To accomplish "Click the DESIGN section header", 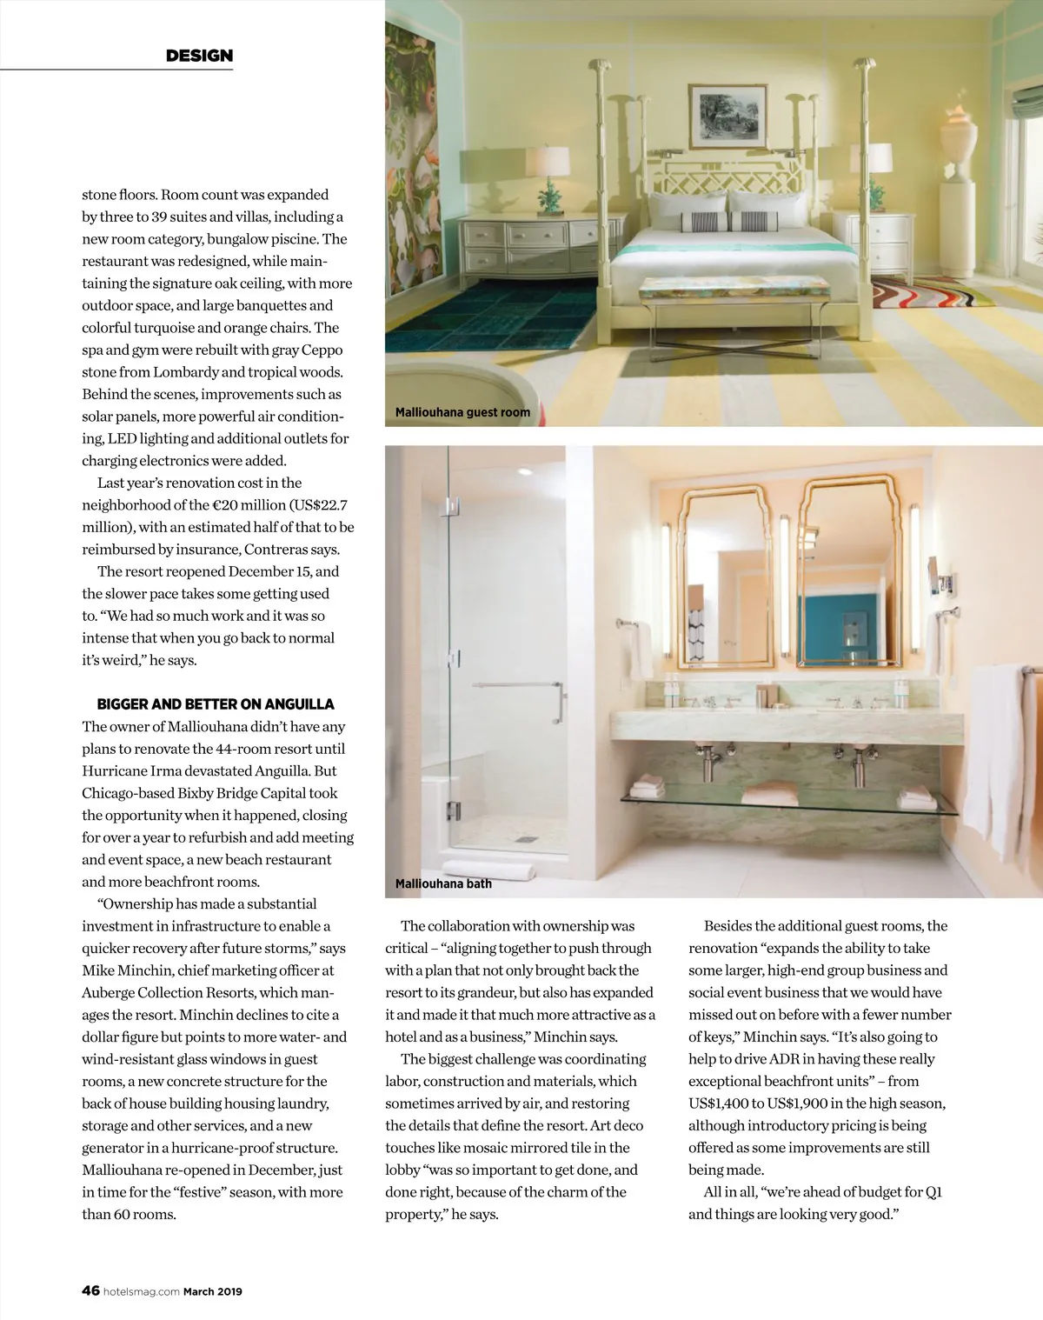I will pos(199,56).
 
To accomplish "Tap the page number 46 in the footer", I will pos(90,1290).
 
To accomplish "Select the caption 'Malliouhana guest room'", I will pos(462,412).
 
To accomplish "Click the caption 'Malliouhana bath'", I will pos(443,883).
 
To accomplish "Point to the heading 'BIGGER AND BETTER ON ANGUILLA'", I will pos(216,704).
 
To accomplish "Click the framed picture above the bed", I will pos(727,117).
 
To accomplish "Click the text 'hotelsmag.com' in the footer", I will pos(141,1291).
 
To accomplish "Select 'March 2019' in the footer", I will pos(213,1291).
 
